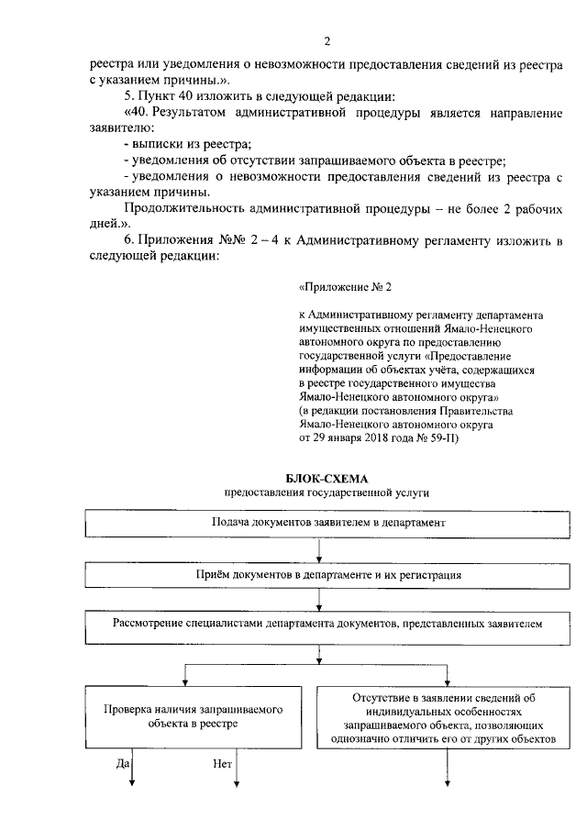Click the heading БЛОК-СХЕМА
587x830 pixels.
tap(327, 478)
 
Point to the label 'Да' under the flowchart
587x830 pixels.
tap(123, 762)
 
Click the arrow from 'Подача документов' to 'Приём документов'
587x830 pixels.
tap(318, 548)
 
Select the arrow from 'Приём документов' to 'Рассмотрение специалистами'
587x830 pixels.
tap(318, 599)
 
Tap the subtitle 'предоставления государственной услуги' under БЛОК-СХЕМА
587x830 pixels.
tap(327, 492)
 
